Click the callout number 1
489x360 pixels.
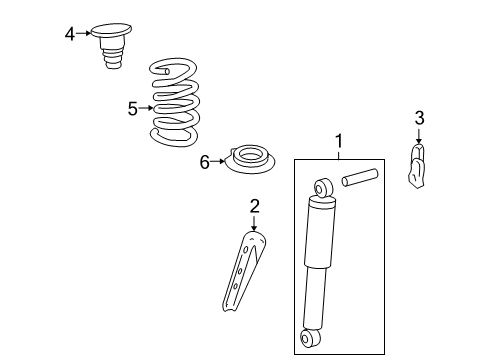(x=338, y=141)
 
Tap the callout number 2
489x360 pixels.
(x=255, y=206)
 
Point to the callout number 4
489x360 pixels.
(x=70, y=34)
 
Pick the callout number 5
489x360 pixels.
(x=133, y=108)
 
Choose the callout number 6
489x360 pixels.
(x=205, y=161)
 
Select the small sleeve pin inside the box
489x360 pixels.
(x=360, y=178)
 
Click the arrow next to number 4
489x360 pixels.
(x=84, y=34)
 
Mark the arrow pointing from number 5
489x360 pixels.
(x=148, y=108)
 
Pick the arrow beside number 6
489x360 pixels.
(x=220, y=161)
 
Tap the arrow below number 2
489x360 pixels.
(x=255, y=224)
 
